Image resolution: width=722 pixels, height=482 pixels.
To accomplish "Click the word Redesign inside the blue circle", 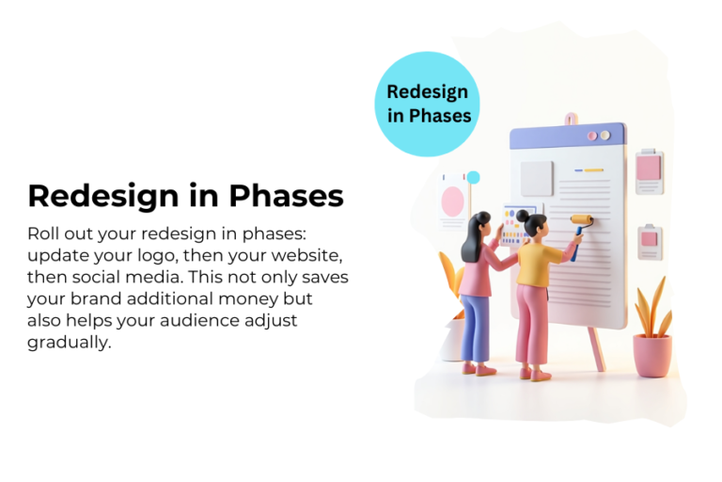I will [x=428, y=91].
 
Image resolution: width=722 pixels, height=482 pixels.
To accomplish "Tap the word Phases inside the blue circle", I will [x=429, y=116].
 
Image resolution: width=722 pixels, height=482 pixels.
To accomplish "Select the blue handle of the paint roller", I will [x=574, y=248].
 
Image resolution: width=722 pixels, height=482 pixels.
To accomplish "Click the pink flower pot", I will [x=651, y=354].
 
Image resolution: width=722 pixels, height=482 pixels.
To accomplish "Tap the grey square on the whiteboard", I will [x=538, y=177].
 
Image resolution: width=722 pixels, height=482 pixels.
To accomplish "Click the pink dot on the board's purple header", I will [x=592, y=136].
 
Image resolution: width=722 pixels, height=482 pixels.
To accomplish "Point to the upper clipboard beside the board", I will [x=650, y=169].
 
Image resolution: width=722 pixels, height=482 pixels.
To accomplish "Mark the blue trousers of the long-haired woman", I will [x=476, y=325].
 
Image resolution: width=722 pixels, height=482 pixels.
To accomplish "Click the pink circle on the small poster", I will [x=453, y=200].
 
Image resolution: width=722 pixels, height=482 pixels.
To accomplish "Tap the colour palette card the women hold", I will [x=515, y=226].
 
